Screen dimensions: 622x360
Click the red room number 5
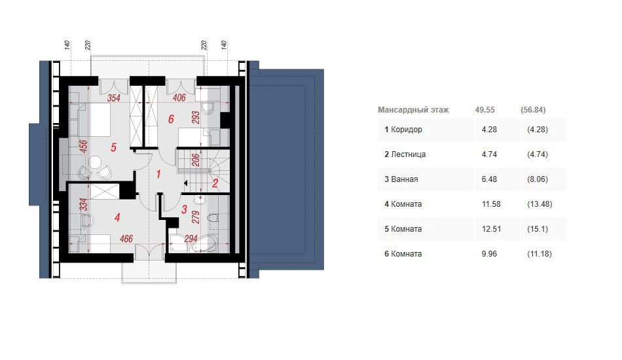113,147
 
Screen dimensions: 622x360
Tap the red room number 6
171,119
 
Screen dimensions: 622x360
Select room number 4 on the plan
117,217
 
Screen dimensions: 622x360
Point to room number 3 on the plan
184,209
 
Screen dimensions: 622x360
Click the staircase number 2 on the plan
215,183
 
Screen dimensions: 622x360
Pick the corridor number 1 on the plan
158,174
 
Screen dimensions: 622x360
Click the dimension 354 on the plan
114,98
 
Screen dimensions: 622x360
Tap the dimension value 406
179,97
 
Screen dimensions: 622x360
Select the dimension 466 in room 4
126,239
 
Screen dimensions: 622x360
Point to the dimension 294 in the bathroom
191,239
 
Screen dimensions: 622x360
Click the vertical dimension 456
83,147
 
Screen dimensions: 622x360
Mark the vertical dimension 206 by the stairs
196,160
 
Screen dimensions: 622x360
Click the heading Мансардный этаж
413,110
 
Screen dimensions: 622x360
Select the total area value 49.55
485,110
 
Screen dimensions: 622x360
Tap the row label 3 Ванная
401,179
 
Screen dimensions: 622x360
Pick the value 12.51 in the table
491,229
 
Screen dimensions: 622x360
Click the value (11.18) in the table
539,254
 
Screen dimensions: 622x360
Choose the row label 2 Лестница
405,154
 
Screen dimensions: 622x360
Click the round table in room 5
95,162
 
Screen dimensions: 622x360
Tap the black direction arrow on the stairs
185,183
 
